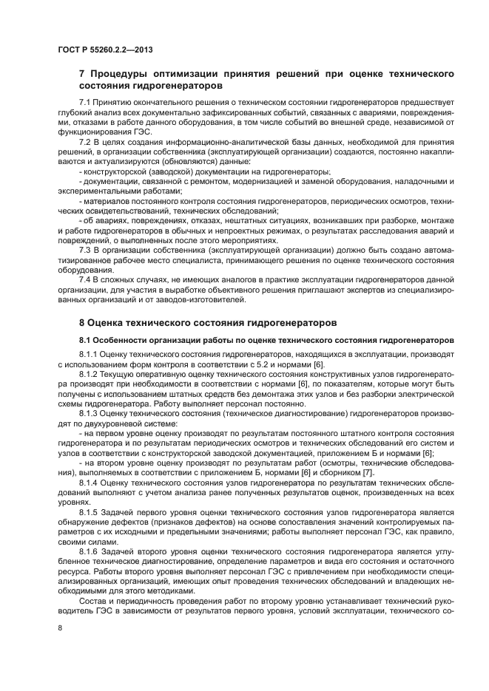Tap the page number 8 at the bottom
tap(59, 627)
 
